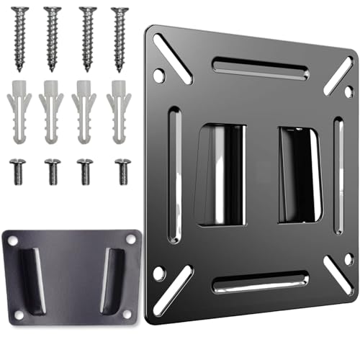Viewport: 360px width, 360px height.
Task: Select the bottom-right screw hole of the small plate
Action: pyautogui.click(x=127, y=315)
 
